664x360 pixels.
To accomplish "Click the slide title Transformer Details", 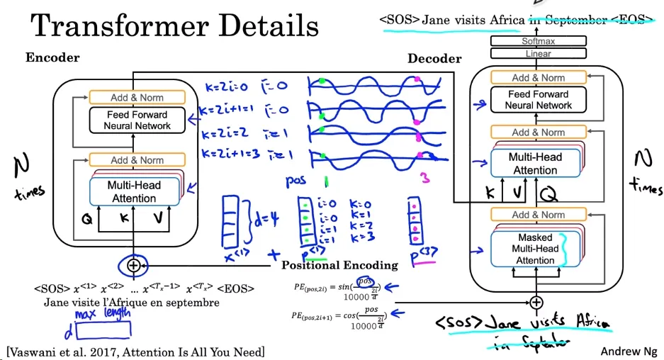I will (x=175, y=26).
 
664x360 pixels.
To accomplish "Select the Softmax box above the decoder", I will (x=538, y=42).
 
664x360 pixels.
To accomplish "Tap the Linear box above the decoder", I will (x=538, y=54).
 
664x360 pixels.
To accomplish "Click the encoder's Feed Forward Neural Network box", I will (x=137, y=120).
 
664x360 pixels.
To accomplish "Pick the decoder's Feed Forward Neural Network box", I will (x=538, y=99).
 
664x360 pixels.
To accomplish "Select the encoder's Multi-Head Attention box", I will (x=134, y=191).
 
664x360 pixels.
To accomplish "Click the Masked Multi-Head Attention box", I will (x=535, y=249).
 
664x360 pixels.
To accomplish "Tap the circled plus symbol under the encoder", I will (x=133, y=266).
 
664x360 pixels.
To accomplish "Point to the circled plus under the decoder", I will (x=536, y=302).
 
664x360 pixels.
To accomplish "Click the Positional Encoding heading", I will (x=339, y=265).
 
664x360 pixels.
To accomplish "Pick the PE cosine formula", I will (x=339, y=318).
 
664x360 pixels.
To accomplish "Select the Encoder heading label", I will (x=52, y=57).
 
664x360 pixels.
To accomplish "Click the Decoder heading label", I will (x=434, y=59).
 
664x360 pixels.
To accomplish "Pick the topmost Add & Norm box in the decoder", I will (x=538, y=77).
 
